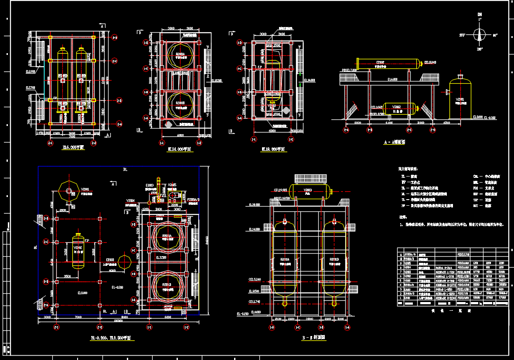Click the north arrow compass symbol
480,34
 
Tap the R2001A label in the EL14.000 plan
180,54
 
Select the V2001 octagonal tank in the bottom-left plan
68,190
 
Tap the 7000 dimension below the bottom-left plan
78,317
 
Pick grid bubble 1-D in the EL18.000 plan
239,43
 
